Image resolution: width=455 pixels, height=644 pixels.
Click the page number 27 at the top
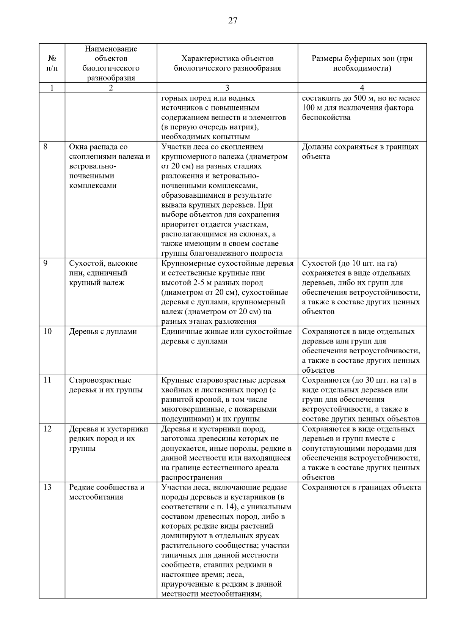(x=232, y=21)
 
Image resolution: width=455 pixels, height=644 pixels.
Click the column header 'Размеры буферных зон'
(x=362, y=63)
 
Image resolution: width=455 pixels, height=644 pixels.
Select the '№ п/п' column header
(x=52, y=63)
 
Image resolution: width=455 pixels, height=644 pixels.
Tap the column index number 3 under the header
(x=227, y=88)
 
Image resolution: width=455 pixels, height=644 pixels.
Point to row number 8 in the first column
(x=45, y=147)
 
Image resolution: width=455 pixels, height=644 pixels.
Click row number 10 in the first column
(x=47, y=332)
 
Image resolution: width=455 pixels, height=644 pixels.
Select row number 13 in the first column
(x=47, y=487)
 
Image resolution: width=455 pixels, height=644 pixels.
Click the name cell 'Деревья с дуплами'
(x=103, y=332)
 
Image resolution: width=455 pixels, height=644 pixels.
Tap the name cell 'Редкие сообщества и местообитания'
(x=107, y=492)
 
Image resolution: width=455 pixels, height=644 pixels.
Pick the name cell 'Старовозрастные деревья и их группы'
(x=105, y=385)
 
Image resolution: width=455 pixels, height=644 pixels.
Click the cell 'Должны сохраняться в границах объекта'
(x=360, y=152)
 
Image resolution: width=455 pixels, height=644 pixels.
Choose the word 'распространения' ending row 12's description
(x=191, y=477)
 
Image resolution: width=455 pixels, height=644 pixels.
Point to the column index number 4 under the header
(x=362, y=88)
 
